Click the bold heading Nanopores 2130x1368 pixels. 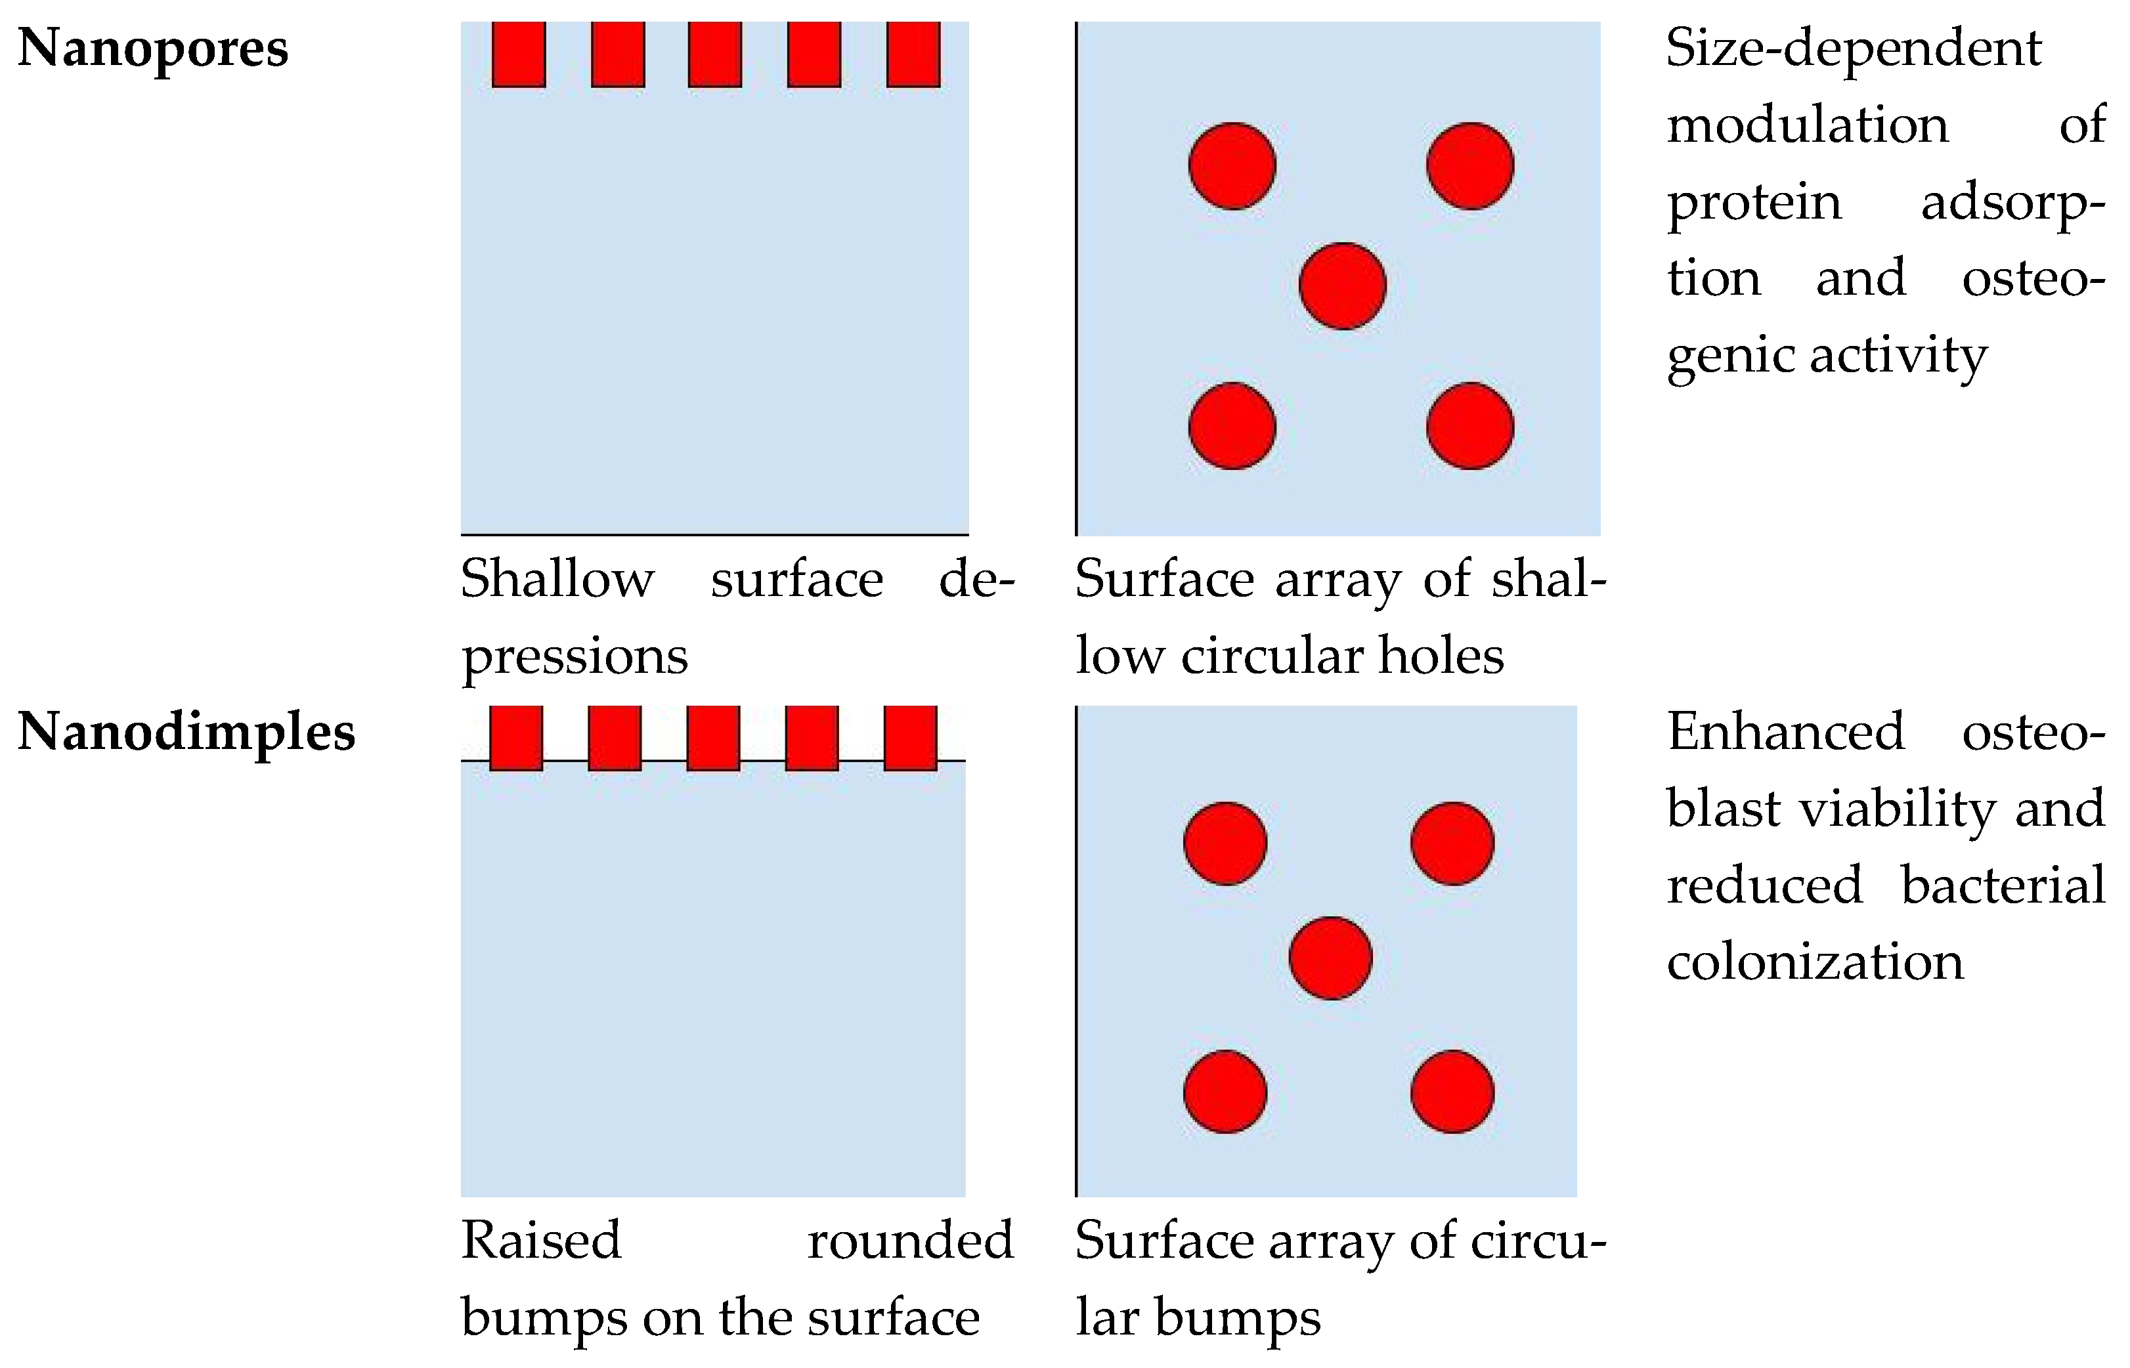click(153, 48)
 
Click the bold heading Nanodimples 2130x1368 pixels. click(186, 733)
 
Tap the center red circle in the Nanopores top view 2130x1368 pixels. click(1342, 286)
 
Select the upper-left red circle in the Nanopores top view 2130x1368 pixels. click(1232, 166)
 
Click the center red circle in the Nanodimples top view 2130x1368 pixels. click(1330, 958)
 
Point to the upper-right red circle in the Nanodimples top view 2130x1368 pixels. click(1452, 843)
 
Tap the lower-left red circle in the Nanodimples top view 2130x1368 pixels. click(1225, 1092)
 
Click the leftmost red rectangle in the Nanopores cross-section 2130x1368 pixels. click(519, 55)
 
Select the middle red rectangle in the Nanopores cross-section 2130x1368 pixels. click(715, 55)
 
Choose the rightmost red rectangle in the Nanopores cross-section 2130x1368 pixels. click(913, 55)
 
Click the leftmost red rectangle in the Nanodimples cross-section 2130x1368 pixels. click(516, 738)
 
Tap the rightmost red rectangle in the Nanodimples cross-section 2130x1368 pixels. click(911, 738)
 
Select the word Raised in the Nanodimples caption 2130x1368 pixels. click(540, 1240)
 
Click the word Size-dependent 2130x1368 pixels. click(1854, 48)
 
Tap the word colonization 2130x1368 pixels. click(1815, 962)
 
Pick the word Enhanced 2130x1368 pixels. click(1785, 733)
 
